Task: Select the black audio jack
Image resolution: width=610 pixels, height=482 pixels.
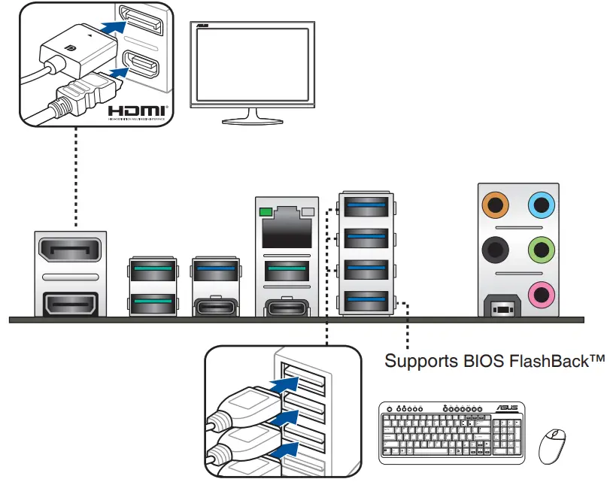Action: click(494, 247)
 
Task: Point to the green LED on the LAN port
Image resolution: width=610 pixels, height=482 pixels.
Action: click(263, 211)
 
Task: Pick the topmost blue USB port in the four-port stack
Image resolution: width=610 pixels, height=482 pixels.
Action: click(367, 205)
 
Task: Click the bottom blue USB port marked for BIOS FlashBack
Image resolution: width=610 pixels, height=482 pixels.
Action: click(367, 302)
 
